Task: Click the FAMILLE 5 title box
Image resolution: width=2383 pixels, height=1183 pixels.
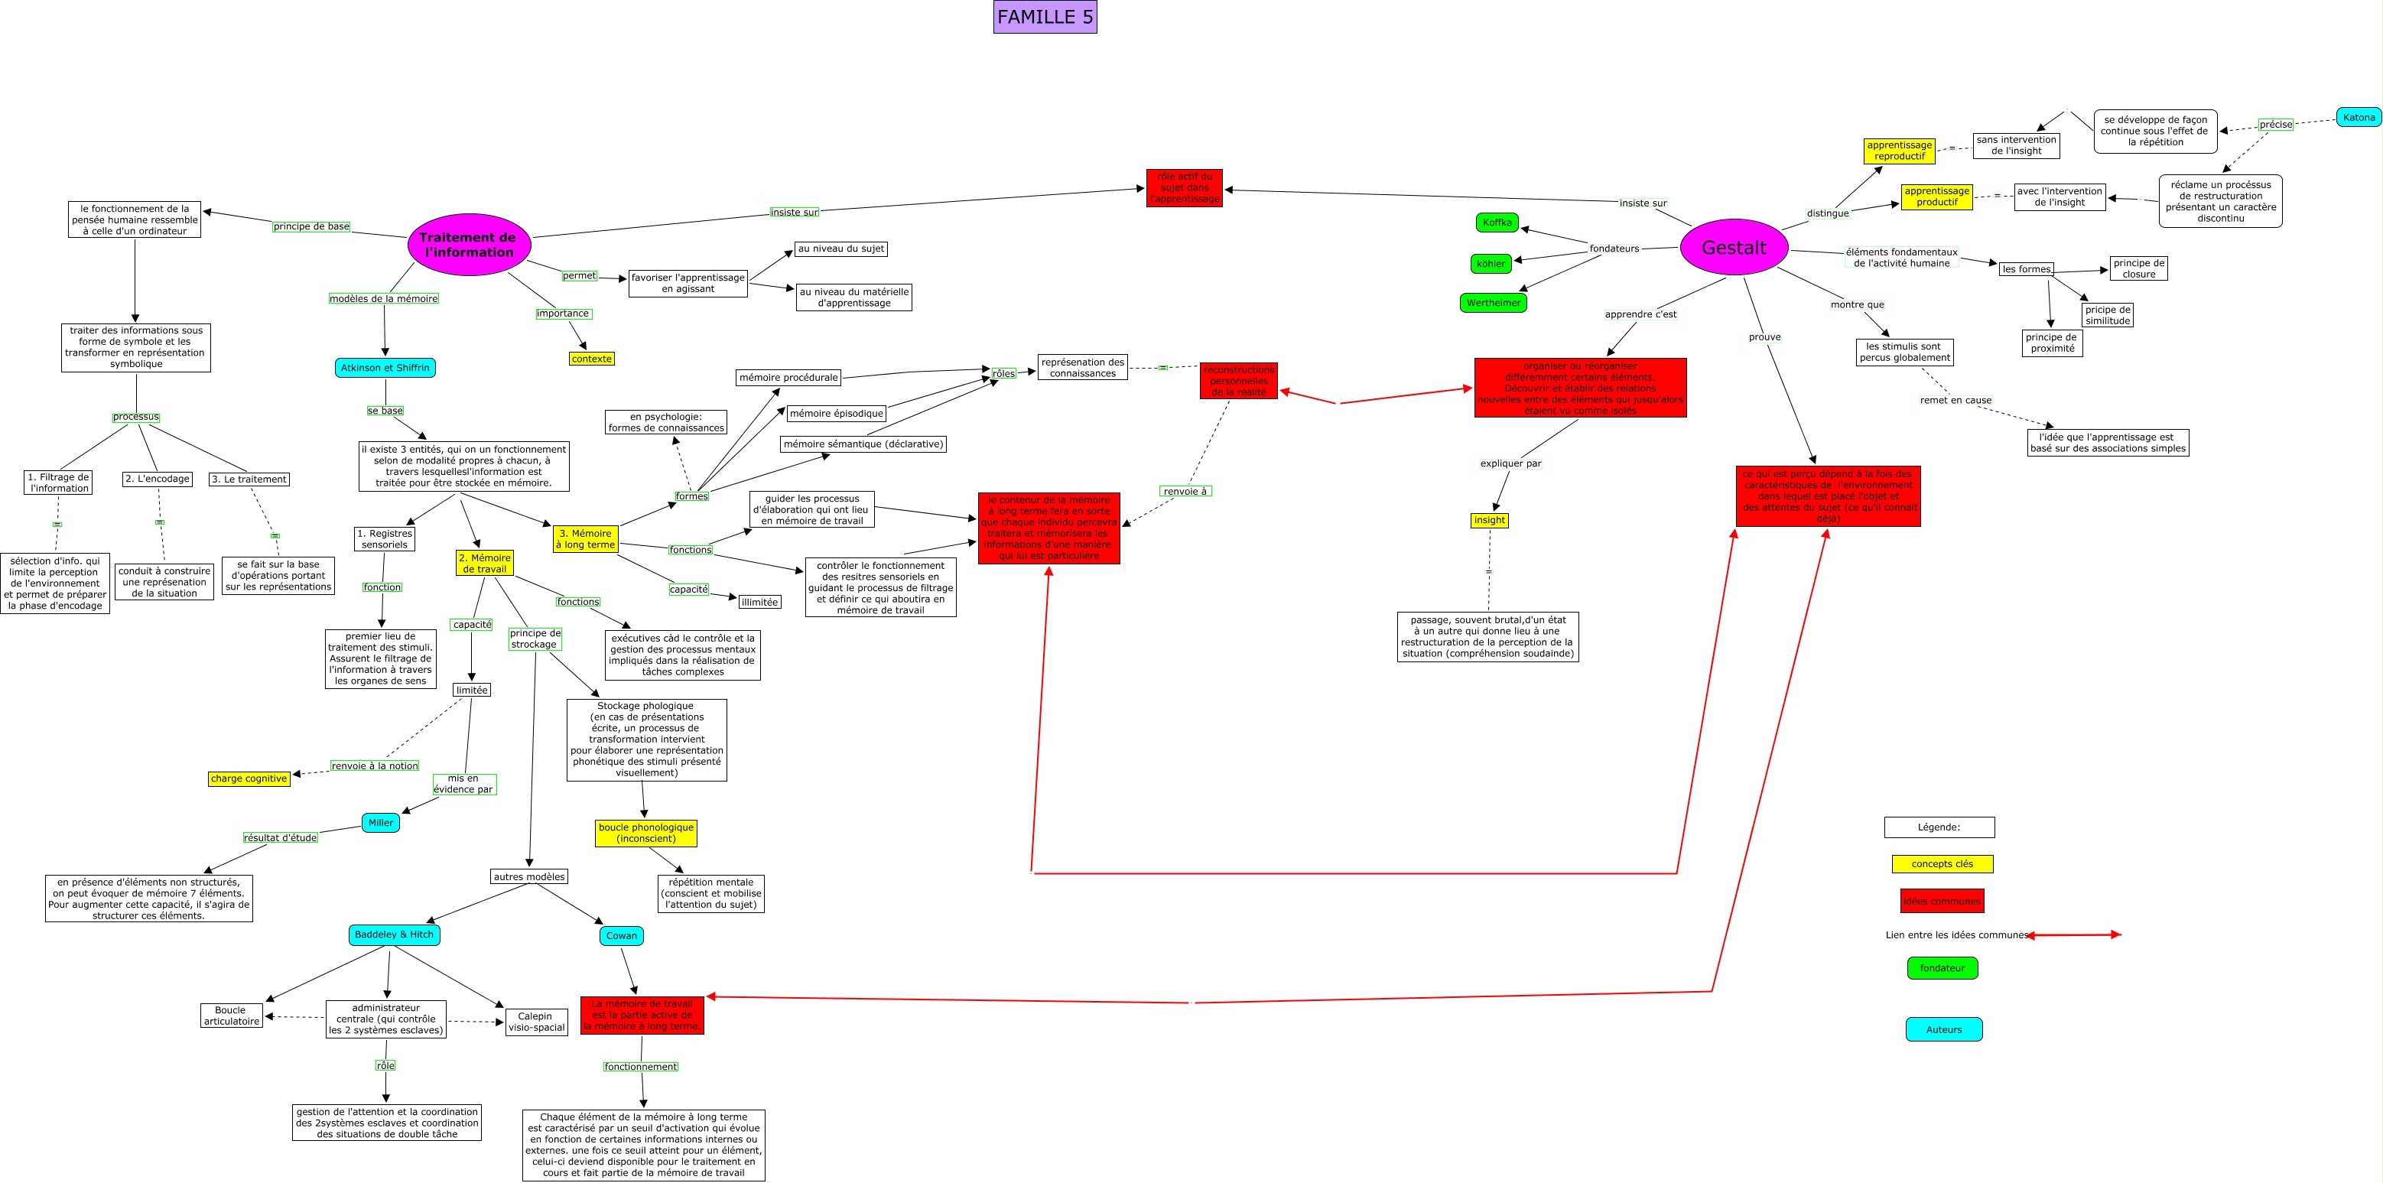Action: coord(1045,17)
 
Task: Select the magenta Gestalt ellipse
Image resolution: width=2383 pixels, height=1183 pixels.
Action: coord(1734,247)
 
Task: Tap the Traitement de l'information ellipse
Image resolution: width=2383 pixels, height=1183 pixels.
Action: coord(468,244)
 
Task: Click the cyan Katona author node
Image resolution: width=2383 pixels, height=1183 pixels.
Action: coord(2358,118)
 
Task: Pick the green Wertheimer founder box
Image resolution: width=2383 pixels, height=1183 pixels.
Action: coord(1493,303)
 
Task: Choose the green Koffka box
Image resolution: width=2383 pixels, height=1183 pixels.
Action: coord(1497,223)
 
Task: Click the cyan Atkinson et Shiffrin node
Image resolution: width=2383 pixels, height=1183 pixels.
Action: coord(385,367)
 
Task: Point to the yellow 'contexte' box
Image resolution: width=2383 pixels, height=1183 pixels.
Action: coord(591,359)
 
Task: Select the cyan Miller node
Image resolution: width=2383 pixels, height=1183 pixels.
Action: coord(380,822)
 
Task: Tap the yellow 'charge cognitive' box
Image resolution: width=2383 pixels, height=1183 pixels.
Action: coord(249,778)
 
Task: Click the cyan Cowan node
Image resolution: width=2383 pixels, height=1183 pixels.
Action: coord(621,935)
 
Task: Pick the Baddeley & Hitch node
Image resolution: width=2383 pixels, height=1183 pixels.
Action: coord(394,934)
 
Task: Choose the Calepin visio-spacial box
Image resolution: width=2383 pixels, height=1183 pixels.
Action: coord(537,1021)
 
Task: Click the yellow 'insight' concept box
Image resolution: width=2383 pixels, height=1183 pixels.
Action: coord(1490,520)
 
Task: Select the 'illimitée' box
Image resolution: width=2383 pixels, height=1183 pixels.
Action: coord(759,602)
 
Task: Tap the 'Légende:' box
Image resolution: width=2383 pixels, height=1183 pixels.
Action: coord(1939,827)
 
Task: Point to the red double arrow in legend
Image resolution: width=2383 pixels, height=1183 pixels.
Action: coord(2074,935)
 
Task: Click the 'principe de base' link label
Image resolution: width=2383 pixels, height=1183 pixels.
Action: coord(312,226)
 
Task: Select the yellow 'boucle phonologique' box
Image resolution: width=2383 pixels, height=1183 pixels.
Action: coord(645,834)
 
